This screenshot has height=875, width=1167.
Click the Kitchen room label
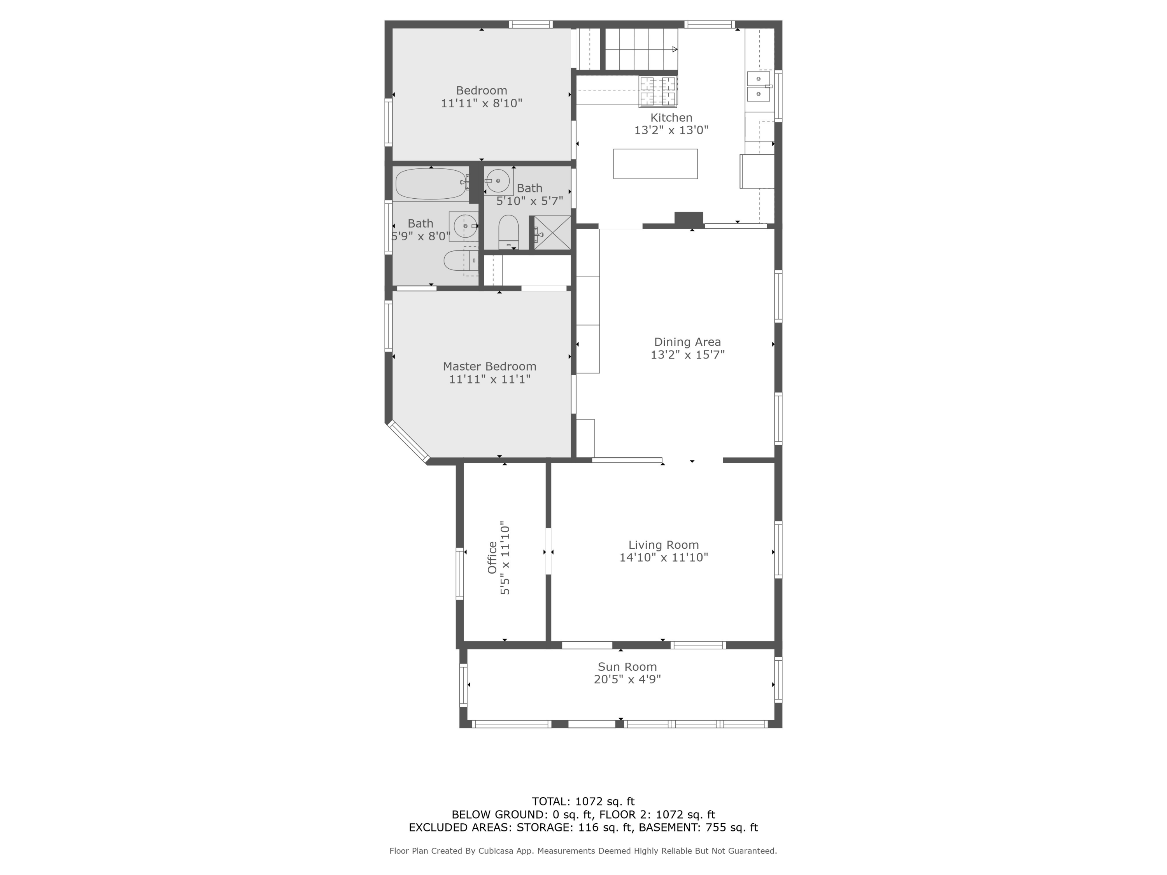pos(671,117)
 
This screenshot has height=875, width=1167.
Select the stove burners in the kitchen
pos(658,91)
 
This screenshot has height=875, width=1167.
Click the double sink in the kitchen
pos(758,86)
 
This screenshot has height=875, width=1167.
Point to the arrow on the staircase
pos(674,49)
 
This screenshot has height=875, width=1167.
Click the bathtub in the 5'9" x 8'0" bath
pos(431,184)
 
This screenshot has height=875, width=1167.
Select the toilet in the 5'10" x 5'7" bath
pos(508,232)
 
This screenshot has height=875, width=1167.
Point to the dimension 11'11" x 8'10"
pos(481,103)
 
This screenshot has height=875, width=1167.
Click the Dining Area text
pos(687,342)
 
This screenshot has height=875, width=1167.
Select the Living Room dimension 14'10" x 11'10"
pos(663,558)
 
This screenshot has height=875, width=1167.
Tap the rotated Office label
pos(492,558)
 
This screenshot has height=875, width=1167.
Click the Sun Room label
pos(627,667)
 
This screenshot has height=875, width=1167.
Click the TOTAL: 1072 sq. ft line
pos(583,801)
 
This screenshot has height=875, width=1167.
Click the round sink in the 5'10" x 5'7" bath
pos(498,181)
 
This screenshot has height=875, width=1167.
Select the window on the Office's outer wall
pos(459,573)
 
